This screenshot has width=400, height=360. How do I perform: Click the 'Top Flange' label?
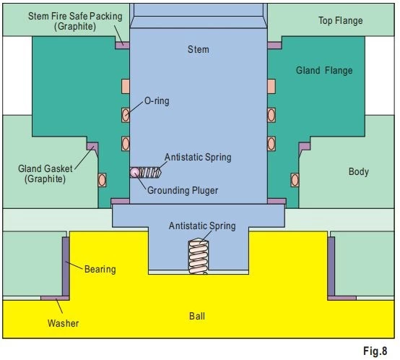click(x=341, y=21)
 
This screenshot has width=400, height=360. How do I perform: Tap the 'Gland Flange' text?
click(x=324, y=70)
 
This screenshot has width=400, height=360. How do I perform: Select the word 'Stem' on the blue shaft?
click(x=199, y=49)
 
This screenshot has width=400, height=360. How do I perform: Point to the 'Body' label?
click(x=359, y=171)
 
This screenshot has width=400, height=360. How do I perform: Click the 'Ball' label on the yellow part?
click(x=197, y=316)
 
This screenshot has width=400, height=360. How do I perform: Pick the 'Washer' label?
click(x=63, y=323)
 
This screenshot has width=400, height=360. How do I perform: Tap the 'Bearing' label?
click(x=100, y=270)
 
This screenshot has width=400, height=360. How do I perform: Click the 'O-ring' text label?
click(x=157, y=101)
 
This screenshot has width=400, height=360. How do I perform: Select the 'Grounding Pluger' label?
click(x=183, y=190)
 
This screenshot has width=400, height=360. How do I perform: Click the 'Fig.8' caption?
click(x=375, y=351)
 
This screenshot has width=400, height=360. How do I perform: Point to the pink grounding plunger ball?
click(x=134, y=172)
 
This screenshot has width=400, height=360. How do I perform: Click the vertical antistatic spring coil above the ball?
click(x=199, y=256)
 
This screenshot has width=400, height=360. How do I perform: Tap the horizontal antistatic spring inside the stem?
click(x=150, y=173)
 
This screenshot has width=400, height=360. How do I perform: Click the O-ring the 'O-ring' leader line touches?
click(x=125, y=115)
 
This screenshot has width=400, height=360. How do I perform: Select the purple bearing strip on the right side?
click(x=331, y=266)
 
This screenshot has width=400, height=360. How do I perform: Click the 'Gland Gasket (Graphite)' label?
click(x=45, y=174)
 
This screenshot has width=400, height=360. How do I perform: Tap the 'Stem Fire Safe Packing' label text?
click(x=75, y=16)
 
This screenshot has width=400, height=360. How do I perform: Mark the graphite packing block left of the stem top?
click(x=122, y=46)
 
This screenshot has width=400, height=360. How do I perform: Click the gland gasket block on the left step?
click(x=92, y=146)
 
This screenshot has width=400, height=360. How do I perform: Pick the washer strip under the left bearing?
click(x=55, y=298)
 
